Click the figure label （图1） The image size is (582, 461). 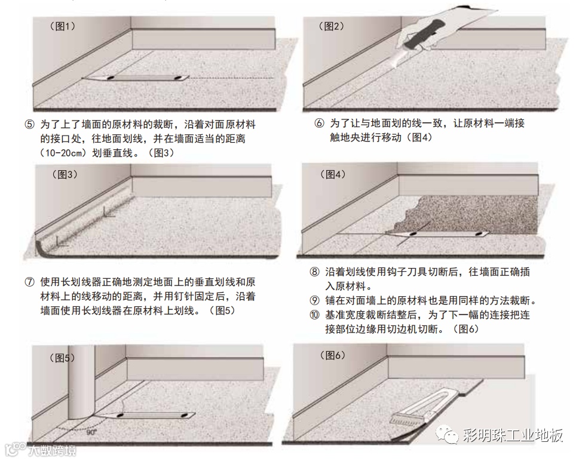coord(62,26)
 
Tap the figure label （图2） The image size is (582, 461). coord(332,26)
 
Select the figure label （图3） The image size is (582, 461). coord(65,174)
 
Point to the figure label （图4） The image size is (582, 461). coord(333,174)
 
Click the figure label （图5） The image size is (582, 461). coord(62,358)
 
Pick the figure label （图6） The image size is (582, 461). coord(333,355)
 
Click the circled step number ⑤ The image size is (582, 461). coord(30,124)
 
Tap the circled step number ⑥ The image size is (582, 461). coord(319,123)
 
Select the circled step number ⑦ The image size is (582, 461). coord(30,282)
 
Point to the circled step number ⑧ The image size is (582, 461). coord(314,272)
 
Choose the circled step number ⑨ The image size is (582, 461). coord(314,300)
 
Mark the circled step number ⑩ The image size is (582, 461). coord(314,315)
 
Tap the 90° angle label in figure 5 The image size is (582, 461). coord(91,432)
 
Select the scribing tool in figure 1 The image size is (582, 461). coord(136,78)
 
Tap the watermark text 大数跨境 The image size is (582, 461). coord(52,451)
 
